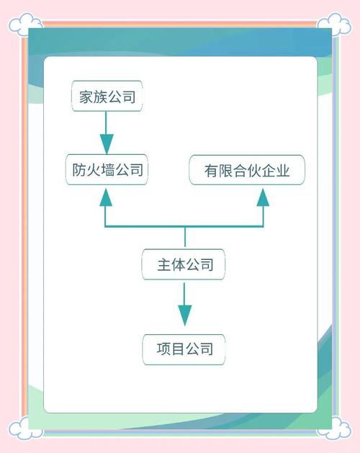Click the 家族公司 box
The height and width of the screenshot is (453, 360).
[107, 97]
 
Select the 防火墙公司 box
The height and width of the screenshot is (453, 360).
[106, 171]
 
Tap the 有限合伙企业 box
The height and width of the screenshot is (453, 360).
[246, 171]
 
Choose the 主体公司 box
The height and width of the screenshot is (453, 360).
[186, 265]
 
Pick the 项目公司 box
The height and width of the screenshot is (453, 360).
[184, 349]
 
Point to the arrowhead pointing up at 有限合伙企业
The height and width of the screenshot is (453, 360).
[264, 197]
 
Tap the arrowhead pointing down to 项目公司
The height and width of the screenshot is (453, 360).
[185, 315]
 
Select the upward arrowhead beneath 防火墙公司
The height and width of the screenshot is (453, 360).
[107, 197]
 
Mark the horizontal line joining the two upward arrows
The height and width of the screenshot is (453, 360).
[185, 227]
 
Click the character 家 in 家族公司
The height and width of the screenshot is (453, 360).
[88, 97]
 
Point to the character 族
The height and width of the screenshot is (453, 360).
[101, 97]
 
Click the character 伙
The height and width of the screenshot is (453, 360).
[253, 171]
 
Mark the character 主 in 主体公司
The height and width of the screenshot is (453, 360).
[165, 265]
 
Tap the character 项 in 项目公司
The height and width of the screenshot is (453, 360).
[163, 349]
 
